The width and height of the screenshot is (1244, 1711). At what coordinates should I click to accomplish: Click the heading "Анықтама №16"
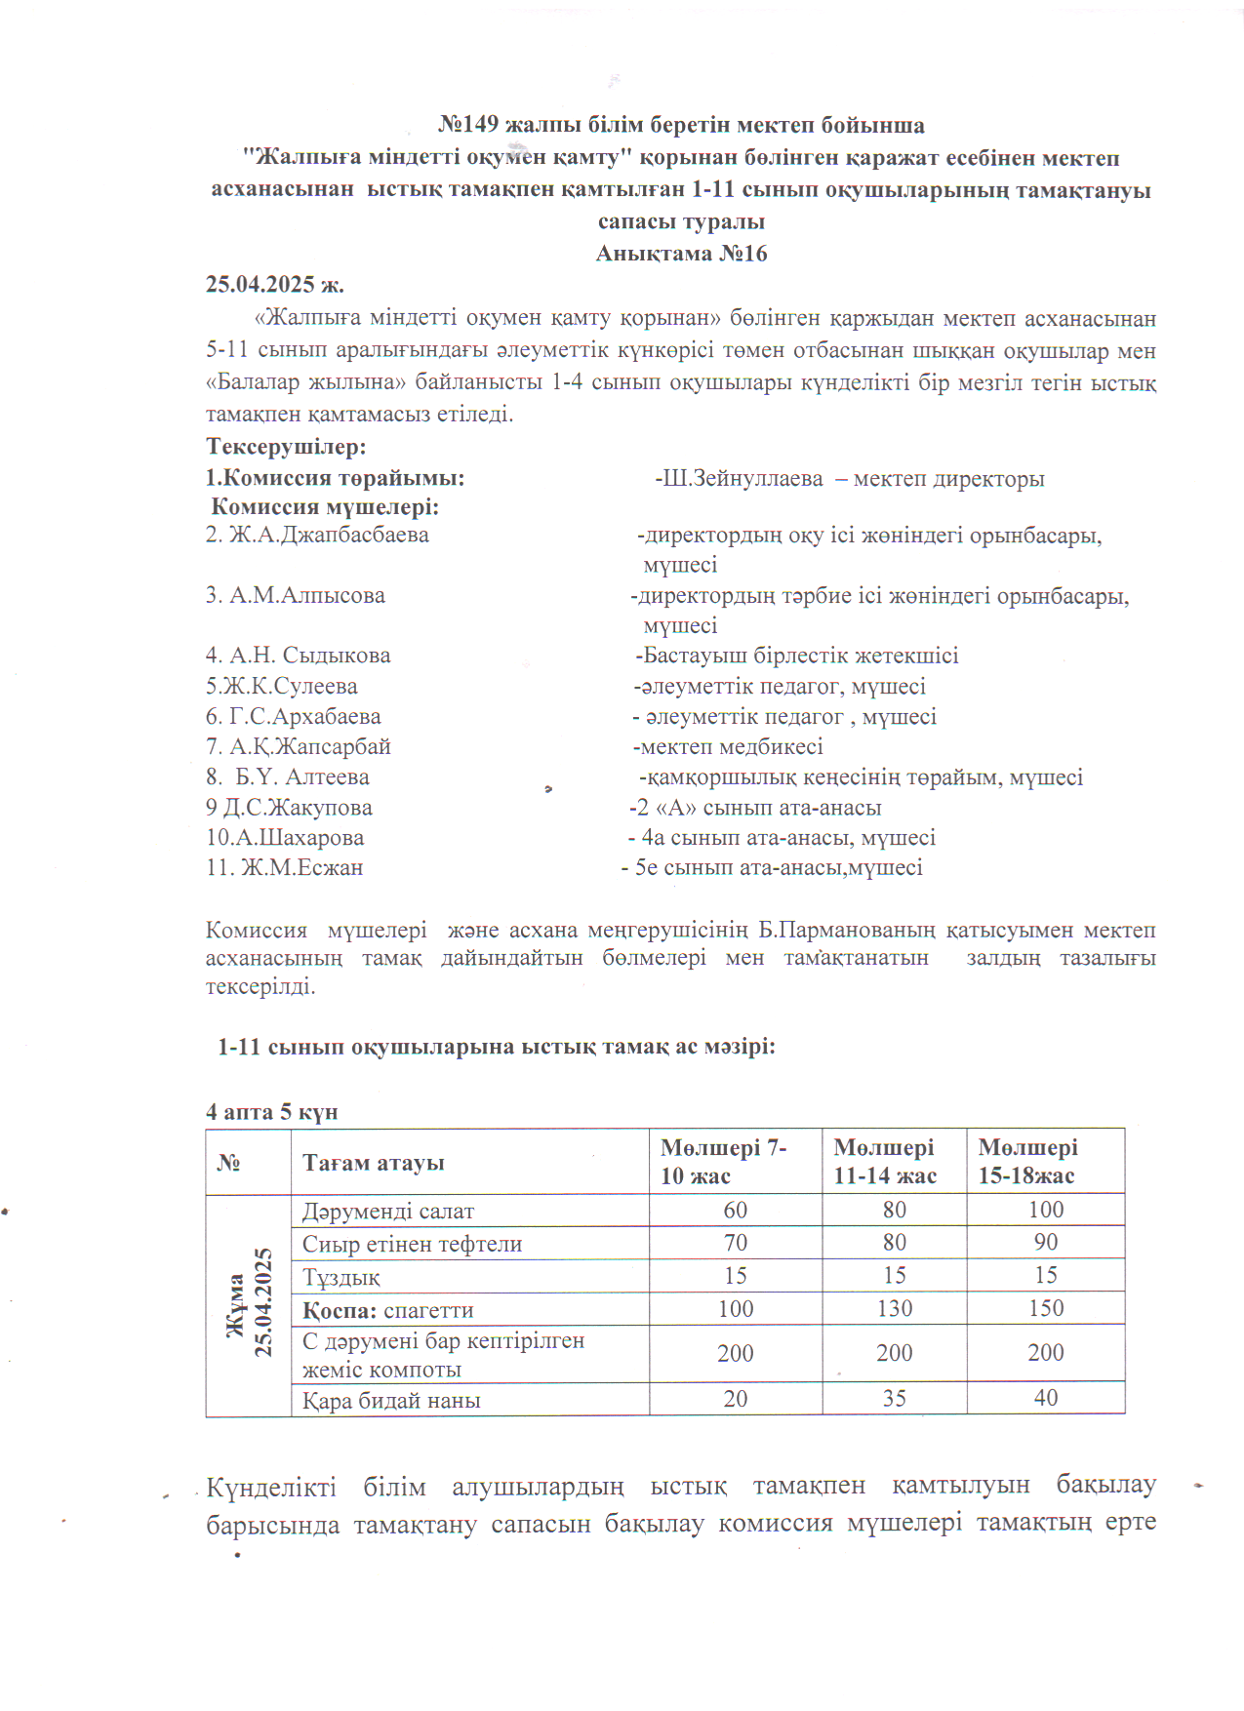tap(681, 254)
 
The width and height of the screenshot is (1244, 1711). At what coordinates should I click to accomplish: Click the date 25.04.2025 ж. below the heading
tap(274, 285)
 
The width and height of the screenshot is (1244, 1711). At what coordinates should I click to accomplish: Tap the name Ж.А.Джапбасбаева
tap(329, 535)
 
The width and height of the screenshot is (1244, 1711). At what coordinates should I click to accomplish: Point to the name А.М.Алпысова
tap(306, 595)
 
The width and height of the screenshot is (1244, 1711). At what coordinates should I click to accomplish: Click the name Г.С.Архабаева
tap(304, 716)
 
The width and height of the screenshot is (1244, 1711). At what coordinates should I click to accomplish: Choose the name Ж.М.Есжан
tap(301, 868)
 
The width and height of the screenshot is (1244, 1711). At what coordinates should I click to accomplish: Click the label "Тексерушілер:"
tap(286, 447)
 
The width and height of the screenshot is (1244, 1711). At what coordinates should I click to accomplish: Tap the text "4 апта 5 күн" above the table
tap(271, 1112)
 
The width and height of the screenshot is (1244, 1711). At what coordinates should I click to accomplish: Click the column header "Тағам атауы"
tap(373, 1163)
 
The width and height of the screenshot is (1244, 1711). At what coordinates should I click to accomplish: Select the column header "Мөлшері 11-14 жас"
tap(885, 1162)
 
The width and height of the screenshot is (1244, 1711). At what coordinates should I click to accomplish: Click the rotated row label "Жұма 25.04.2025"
tap(249, 1304)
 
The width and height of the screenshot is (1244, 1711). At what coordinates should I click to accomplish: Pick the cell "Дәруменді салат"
tap(387, 1212)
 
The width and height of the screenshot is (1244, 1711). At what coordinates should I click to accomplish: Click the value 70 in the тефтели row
tap(735, 1243)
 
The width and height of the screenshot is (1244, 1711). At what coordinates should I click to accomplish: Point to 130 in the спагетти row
tap(894, 1309)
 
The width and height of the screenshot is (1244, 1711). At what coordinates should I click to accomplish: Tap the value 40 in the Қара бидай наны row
tap(1045, 1399)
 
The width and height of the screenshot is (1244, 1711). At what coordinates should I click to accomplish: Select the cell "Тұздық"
tap(341, 1277)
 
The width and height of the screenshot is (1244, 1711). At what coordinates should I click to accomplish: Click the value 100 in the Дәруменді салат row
tap(1045, 1211)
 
